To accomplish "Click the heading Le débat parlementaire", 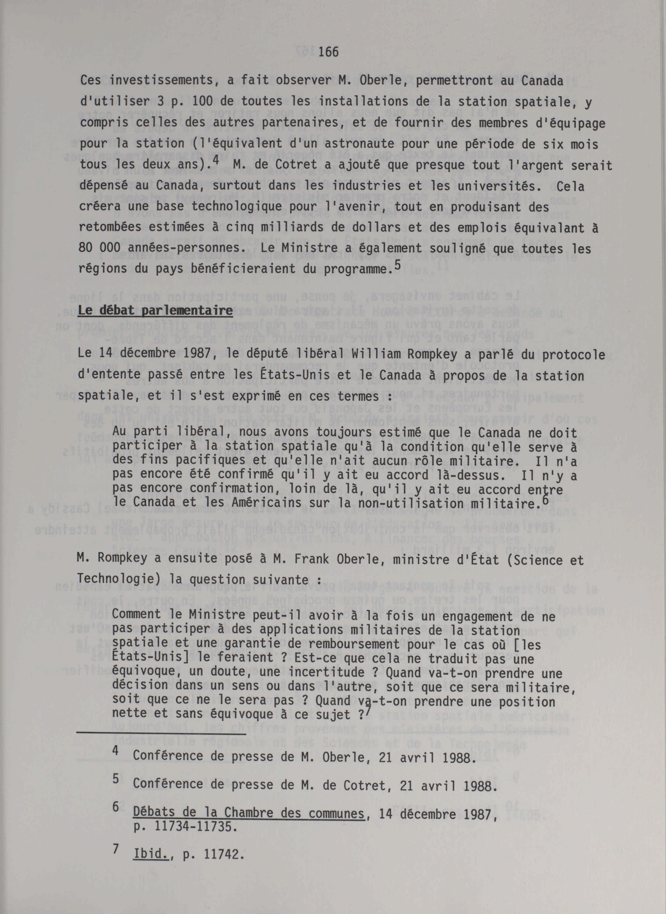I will click(155, 311).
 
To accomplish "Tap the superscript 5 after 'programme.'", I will click(397, 265).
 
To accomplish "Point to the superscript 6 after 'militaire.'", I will click(545, 499).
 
